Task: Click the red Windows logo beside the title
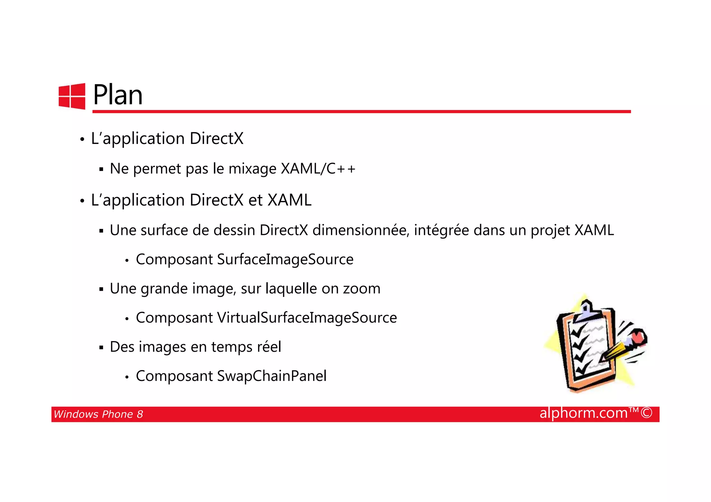click(x=72, y=96)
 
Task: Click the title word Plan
click(x=118, y=95)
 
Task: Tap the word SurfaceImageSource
click(x=285, y=259)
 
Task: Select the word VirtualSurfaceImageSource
click(x=307, y=317)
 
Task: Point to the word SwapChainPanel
click(x=271, y=376)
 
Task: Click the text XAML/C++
click(x=318, y=169)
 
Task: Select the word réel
click(x=269, y=347)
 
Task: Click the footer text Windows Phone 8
click(x=98, y=414)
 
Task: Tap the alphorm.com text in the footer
click(x=583, y=413)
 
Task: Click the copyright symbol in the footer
click(x=646, y=413)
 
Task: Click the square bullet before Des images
click(x=101, y=347)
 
